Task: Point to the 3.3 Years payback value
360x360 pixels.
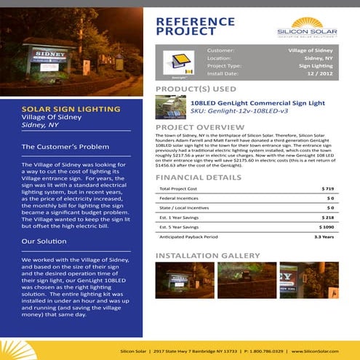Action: tap(324, 236)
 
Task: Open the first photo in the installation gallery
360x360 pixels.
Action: tap(175, 280)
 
